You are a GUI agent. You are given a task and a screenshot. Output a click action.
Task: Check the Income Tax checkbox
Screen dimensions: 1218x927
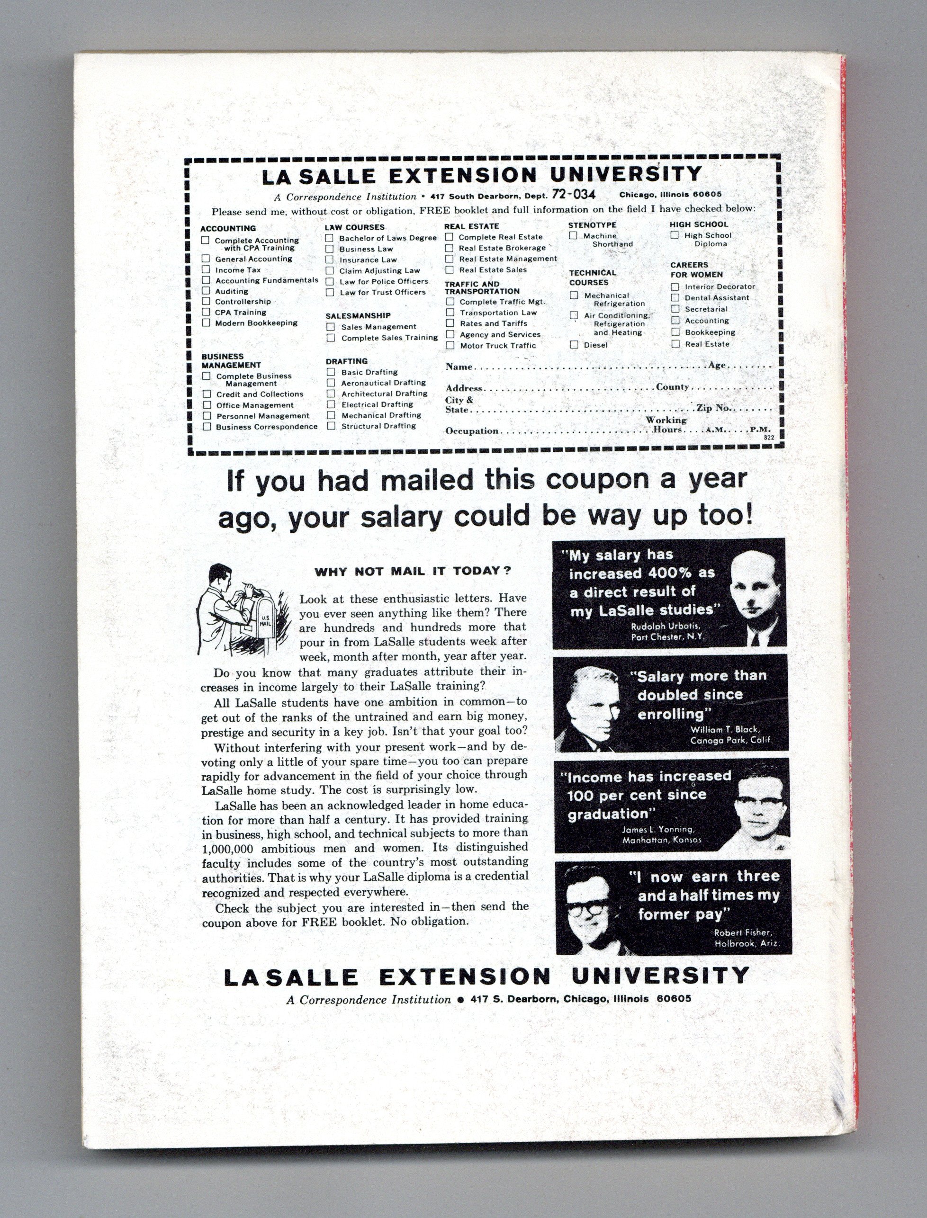206,269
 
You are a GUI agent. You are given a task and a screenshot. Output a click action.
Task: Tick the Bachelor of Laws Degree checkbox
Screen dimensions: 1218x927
329,238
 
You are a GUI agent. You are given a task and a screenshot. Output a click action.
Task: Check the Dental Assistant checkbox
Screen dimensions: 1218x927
675,298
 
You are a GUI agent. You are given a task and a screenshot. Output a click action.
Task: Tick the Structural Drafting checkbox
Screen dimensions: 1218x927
331,426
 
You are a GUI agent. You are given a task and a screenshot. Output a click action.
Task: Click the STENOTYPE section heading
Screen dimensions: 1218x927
592,225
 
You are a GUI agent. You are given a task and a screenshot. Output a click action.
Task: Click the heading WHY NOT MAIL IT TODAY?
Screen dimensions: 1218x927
413,571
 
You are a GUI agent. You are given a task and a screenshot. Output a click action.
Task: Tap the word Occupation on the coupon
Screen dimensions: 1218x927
472,431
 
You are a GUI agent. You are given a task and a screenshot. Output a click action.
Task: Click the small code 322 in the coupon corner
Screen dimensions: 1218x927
769,438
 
